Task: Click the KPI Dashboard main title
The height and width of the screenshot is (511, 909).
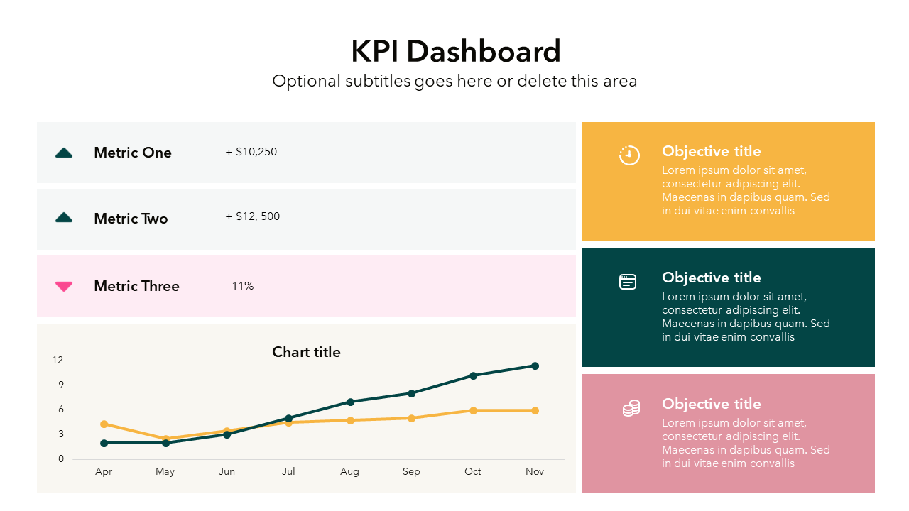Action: coord(455,52)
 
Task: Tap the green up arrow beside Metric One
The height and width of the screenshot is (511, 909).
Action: coord(64,153)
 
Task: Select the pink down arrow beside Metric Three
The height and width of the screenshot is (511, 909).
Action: coord(64,286)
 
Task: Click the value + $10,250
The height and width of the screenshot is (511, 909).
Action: coord(251,152)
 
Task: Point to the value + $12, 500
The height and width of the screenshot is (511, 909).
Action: coord(253,216)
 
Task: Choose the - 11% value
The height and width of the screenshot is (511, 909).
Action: coord(239,286)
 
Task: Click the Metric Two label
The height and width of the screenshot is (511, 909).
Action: coord(131,219)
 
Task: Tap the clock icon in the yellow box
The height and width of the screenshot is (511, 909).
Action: coord(629,155)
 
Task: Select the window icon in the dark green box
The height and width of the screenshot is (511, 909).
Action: coord(628,282)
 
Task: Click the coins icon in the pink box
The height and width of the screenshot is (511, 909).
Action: coord(631,408)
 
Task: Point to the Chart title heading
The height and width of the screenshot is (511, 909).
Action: coord(306,352)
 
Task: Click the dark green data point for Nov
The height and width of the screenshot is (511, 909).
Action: coord(535,366)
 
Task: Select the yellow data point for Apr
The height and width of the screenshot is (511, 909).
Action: coord(104,424)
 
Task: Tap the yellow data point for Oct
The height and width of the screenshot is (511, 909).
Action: coord(473,410)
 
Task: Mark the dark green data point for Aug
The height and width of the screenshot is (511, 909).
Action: coord(350,402)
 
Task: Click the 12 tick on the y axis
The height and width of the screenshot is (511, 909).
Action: coord(58,361)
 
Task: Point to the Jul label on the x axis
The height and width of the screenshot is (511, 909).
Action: coord(288,471)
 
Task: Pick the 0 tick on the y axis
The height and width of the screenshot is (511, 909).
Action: coord(61,458)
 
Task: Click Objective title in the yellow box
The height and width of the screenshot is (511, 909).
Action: coord(711,151)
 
